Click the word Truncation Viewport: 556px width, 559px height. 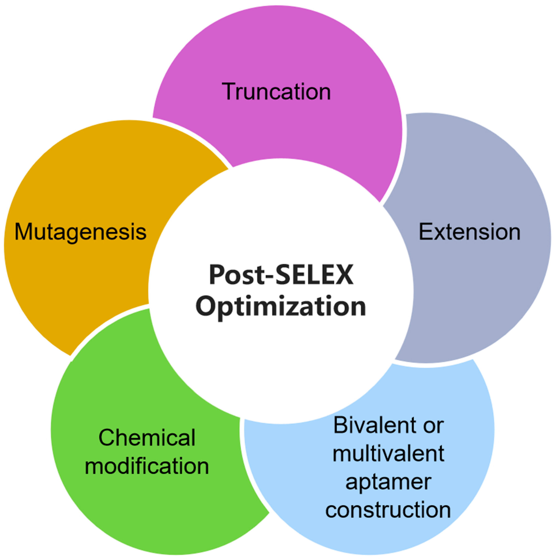276,92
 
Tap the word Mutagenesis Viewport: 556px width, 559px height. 81,232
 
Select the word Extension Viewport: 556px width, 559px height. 469,232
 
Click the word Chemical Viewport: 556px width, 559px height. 147,438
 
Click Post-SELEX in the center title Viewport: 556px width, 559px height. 281,274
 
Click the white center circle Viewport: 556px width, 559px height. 281,362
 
